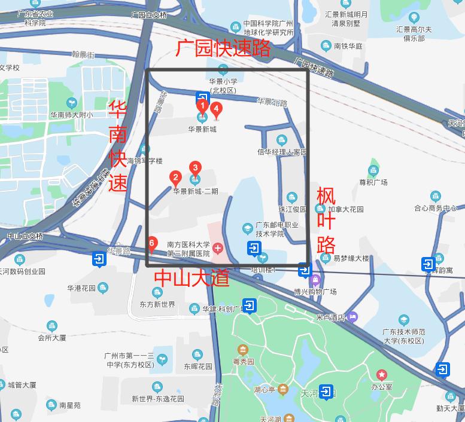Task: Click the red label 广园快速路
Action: pos(224,48)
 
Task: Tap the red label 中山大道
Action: pos(192,277)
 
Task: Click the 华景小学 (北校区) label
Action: pos(223,86)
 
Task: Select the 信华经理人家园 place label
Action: pos(281,152)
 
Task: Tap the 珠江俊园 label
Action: pos(292,209)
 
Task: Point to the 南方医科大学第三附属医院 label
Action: pos(189,249)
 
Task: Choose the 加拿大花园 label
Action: pos(346,210)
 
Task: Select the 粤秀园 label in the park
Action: pos(243,361)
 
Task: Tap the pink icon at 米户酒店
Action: pos(353,316)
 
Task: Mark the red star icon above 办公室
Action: pos(381,375)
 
